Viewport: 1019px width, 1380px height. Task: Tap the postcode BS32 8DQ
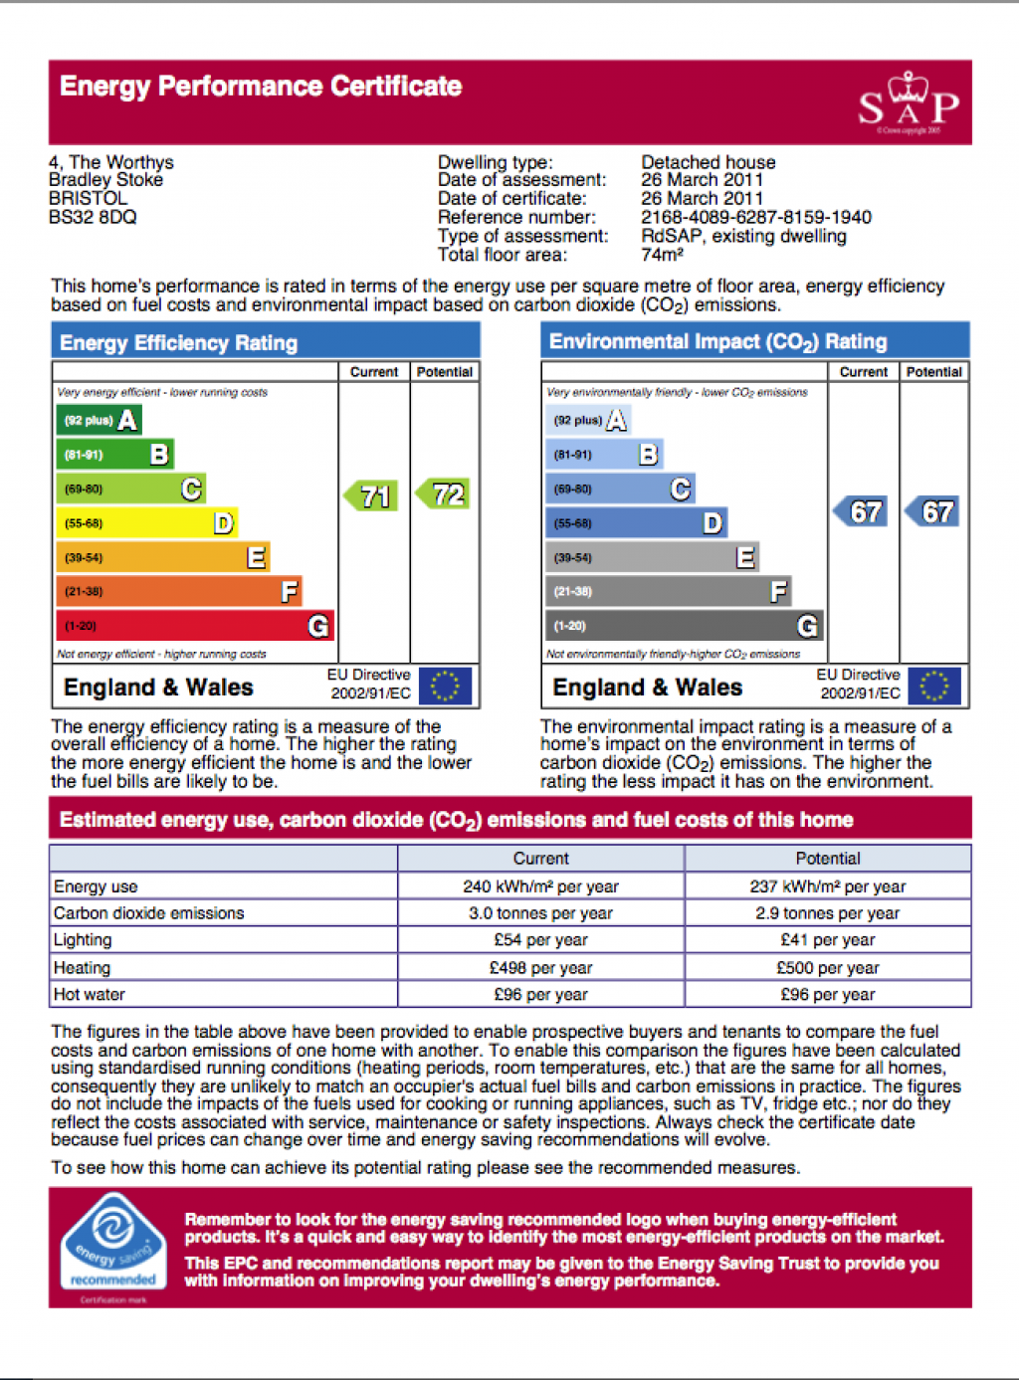point(93,217)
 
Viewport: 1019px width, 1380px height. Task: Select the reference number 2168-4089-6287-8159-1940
point(756,217)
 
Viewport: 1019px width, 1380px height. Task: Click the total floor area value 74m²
point(663,255)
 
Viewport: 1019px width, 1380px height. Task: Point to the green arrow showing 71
point(371,495)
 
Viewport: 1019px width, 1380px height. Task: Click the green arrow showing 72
point(443,494)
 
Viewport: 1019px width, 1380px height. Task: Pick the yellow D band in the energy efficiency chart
point(147,522)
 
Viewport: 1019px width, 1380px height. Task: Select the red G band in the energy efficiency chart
point(195,625)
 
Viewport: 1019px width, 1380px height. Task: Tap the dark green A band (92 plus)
point(99,420)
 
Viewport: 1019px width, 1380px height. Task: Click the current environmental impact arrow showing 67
point(860,511)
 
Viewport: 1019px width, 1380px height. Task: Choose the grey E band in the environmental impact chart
point(653,557)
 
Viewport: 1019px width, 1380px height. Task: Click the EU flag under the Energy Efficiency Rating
point(445,686)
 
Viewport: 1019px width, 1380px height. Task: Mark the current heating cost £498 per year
point(541,967)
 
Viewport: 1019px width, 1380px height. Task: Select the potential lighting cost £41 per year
point(828,939)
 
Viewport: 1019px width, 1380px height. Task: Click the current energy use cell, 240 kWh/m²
point(541,886)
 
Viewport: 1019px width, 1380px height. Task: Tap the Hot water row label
point(89,994)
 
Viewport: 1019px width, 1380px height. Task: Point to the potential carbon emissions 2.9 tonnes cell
point(828,912)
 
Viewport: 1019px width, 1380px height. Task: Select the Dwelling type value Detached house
point(709,162)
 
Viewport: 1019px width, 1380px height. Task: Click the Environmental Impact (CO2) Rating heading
point(717,341)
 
